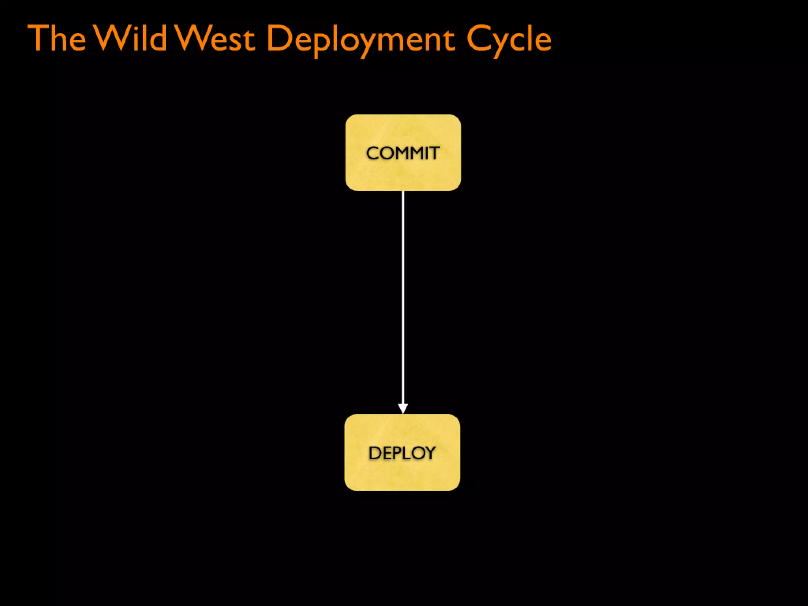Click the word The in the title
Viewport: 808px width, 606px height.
(56, 38)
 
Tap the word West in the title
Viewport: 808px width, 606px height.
(215, 38)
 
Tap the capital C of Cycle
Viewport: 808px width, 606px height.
(479, 38)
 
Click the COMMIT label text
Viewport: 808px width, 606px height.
(403, 153)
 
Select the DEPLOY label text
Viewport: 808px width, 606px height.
(402, 453)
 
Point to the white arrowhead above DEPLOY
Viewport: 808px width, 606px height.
(402, 408)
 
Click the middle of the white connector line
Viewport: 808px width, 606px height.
(402, 300)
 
